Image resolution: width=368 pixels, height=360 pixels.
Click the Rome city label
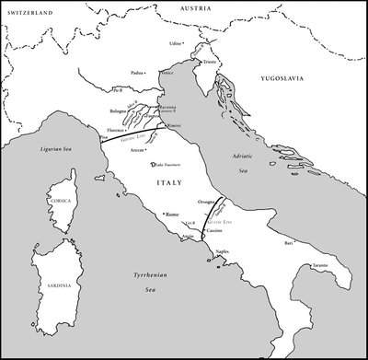172,215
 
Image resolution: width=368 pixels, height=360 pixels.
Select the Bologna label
119,110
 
